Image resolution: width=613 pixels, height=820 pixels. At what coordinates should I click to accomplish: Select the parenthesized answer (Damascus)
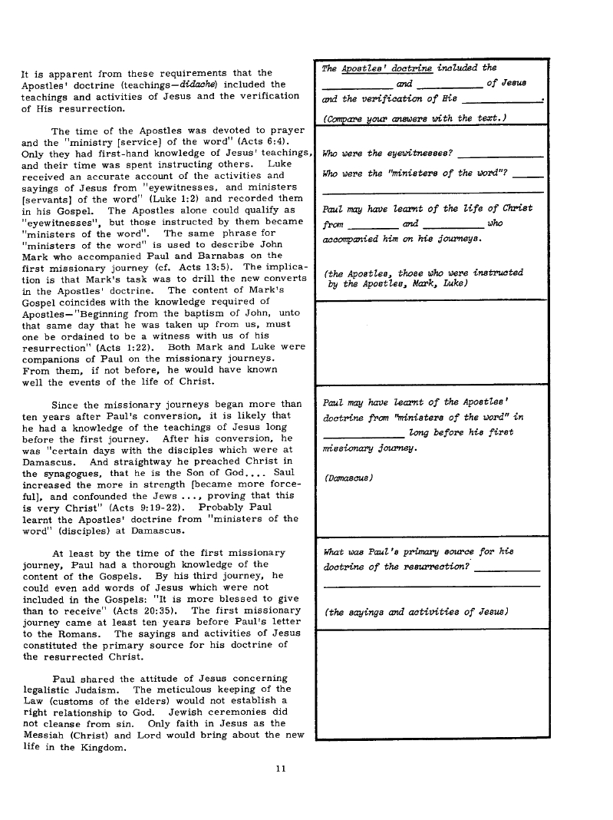[348, 478]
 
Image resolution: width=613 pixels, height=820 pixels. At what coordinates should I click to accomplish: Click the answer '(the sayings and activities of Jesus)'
[417, 612]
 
